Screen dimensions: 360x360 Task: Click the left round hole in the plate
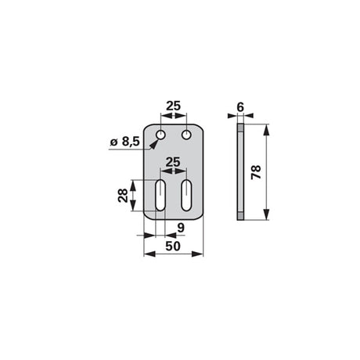point(160,135)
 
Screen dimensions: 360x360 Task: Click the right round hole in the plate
point(186,135)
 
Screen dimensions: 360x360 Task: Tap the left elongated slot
point(160,195)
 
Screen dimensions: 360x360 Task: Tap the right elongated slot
point(186,195)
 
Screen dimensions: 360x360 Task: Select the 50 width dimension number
point(173,246)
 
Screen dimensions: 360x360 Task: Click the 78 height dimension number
point(256,172)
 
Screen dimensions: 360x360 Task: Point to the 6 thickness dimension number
point(240,107)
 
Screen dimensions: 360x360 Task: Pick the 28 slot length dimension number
point(123,196)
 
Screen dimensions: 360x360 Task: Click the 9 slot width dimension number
point(181,228)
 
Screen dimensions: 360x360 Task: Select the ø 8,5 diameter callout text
point(125,142)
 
